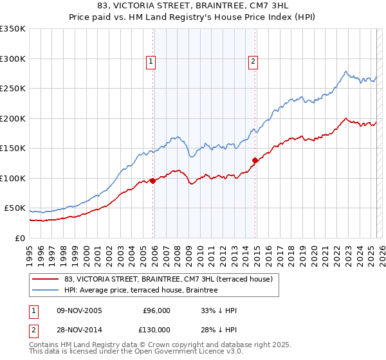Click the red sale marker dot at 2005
click(x=152, y=181)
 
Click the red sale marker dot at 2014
click(x=255, y=160)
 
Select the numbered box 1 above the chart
click(x=151, y=62)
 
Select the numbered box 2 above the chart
click(x=253, y=62)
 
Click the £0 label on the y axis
click(x=19, y=238)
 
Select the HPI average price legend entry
click(x=141, y=290)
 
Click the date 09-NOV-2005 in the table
click(x=75, y=310)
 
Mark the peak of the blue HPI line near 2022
click(x=346, y=71)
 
